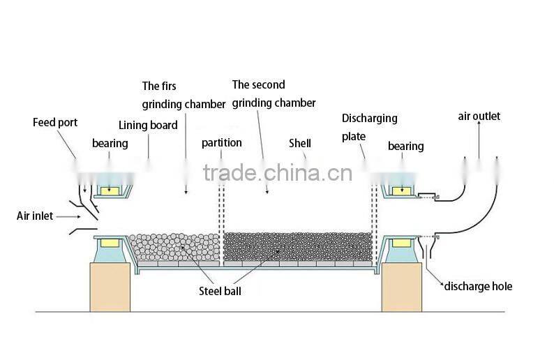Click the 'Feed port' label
point(55,123)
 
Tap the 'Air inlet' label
point(35,216)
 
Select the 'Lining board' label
point(148,126)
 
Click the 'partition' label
point(222,143)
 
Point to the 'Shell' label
point(300,144)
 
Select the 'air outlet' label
point(479,117)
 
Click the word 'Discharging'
point(370,119)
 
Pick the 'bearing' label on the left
point(110,144)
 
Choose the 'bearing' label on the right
point(405,147)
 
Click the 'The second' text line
point(258,85)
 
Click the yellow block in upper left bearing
point(110,190)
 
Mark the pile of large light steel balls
point(174,248)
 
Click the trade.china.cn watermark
point(278,173)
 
